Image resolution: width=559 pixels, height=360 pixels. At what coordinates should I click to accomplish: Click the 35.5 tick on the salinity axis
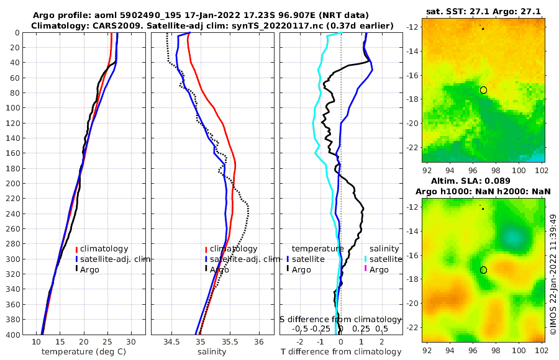pyautogui.click(x=229, y=342)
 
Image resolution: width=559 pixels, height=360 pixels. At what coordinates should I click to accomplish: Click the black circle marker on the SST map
pyautogui.click(x=483, y=90)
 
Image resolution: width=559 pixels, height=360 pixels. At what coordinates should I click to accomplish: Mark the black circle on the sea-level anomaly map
pyautogui.click(x=483, y=270)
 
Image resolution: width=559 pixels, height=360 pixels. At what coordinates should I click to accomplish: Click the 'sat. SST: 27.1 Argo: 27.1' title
pyautogui.click(x=483, y=12)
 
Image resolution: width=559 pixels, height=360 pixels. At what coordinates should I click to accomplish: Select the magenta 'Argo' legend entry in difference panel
pyautogui.click(x=375, y=269)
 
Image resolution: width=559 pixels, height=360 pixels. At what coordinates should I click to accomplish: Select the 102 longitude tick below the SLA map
pyautogui.click(x=542, y=349)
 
